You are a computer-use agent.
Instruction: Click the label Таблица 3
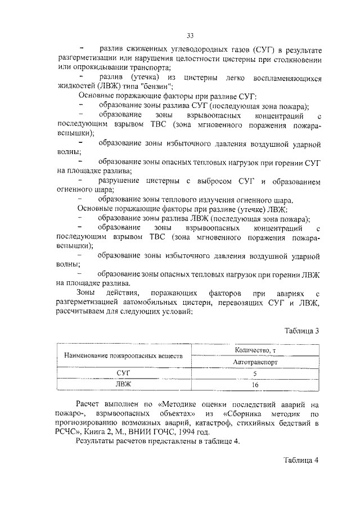pos(301,330)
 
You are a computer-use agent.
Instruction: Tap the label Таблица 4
pos(301,460)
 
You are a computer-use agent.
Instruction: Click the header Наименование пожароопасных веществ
pos(124,357)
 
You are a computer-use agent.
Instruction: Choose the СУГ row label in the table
pos(123,374)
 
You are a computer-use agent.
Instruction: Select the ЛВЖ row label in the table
pos(123,385)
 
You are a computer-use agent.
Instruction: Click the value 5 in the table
pos(255,374)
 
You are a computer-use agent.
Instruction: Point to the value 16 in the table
pos(255,385)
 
